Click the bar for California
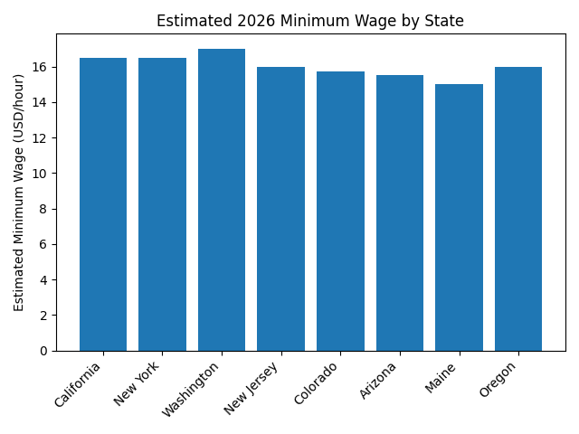point(103,204)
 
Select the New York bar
point(162,204)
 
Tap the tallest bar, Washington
point(222,200)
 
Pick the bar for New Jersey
point(280,209)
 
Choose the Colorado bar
point(340,211)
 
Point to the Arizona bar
point(400,212)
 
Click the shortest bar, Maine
point(459,217)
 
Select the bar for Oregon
point(518,209)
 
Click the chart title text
point(310,21)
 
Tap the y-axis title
point(20,193)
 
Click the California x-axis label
point(80,384)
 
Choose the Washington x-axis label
point(191,390)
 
